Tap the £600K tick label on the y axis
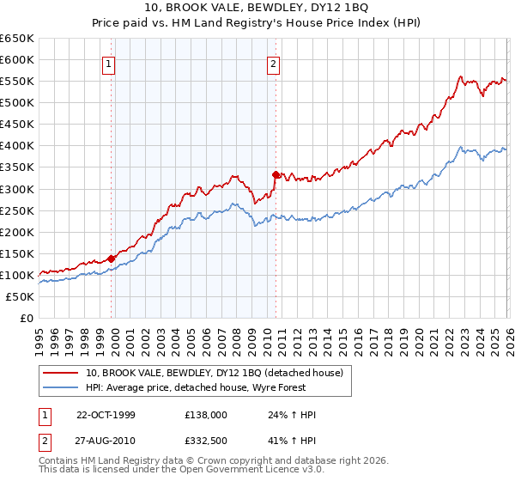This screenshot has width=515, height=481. pos(17,59)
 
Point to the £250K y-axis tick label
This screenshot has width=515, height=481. pos(17,210)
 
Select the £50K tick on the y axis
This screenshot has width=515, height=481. pos(20,296)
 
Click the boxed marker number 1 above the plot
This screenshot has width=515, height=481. pos(110,63)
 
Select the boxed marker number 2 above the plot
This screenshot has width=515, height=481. pos(273,63)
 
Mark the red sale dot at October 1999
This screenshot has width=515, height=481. pos(112,258)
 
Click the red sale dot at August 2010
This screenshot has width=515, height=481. pos(276,174)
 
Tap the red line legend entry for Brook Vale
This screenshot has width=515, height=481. pos(214,373)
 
